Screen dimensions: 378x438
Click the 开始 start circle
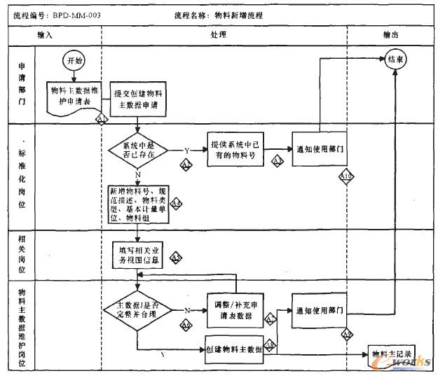[74, 61]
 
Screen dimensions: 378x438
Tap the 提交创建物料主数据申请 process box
[140, 97]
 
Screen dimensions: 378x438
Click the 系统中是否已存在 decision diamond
[137, 150]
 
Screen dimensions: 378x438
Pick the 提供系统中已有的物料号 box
[235, 149]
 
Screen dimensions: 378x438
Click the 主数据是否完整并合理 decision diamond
[137, 309]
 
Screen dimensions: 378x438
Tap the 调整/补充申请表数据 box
[235, 309]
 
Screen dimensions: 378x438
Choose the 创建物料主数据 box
[235, 348]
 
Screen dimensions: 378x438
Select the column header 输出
[391, 34]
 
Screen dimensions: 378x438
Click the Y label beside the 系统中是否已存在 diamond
[186, 150]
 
